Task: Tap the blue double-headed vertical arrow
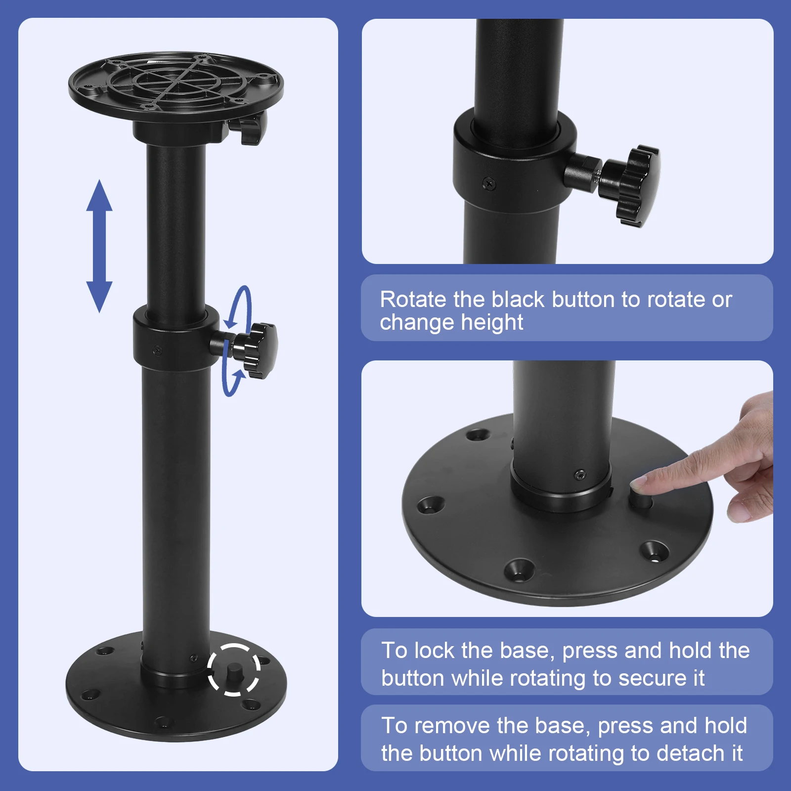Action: coord(99,246)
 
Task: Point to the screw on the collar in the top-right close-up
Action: coord(488,183)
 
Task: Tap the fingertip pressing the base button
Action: coord(643,481)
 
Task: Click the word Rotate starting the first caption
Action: coord(413,300)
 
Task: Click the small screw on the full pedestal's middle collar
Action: coord(158,350)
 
